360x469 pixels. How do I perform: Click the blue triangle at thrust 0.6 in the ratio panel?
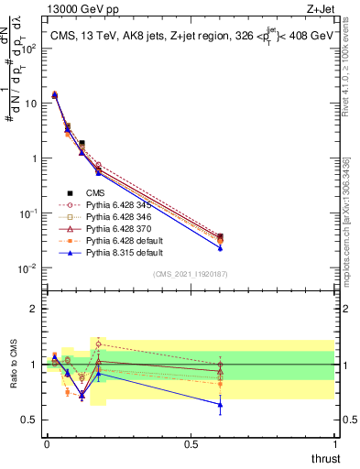pyautogui.click(x=220, y=404)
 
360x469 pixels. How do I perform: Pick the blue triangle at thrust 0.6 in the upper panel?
pyautogui.click(x=220, y=247)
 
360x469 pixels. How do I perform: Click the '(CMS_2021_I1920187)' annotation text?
pyautogui.click(x=191, y=274)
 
